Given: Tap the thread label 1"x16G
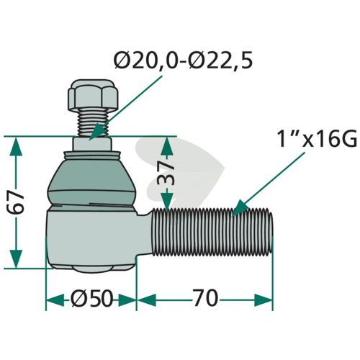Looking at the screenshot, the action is point(317,138).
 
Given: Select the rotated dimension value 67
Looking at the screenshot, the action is point(16,202).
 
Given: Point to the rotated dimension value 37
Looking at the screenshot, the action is point(166,173).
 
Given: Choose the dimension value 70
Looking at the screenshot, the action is point(205,298).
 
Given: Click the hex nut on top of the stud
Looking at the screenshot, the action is point(94,94).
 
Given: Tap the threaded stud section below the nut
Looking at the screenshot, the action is point(93,123).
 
